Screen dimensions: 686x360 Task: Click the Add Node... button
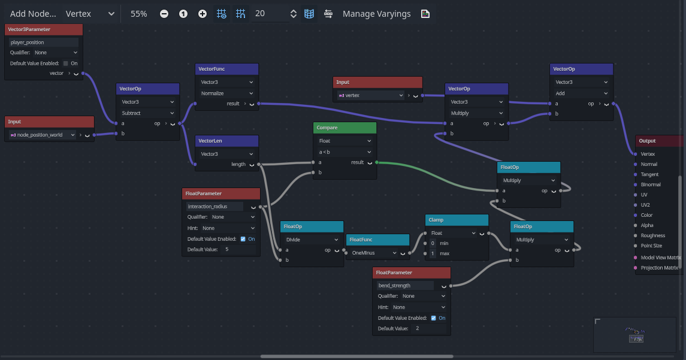pos(33,14)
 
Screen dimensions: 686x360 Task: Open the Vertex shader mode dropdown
pos(90,14)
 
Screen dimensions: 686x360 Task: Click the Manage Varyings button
pos(376,14)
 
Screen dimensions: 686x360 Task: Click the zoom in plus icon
pos(202,14)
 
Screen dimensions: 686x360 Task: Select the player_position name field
pos(43,42)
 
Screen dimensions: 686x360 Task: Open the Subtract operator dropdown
pos(147,113)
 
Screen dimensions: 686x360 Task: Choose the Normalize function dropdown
pos(226,93)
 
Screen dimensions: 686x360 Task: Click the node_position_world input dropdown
pos(43,135)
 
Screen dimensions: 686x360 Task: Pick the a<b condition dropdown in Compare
pos(344,152)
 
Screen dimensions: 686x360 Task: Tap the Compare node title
pos(327,128)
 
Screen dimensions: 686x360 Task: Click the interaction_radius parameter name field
pos(214,207)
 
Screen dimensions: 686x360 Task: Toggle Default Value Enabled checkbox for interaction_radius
pos(243,239)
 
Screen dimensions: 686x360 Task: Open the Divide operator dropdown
pos(312,239)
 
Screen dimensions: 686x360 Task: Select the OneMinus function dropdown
pos(374,252)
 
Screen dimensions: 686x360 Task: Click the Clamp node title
pos(436,220)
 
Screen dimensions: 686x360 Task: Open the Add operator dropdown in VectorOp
pos(581,93)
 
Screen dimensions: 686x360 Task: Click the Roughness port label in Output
pos(653,235)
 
